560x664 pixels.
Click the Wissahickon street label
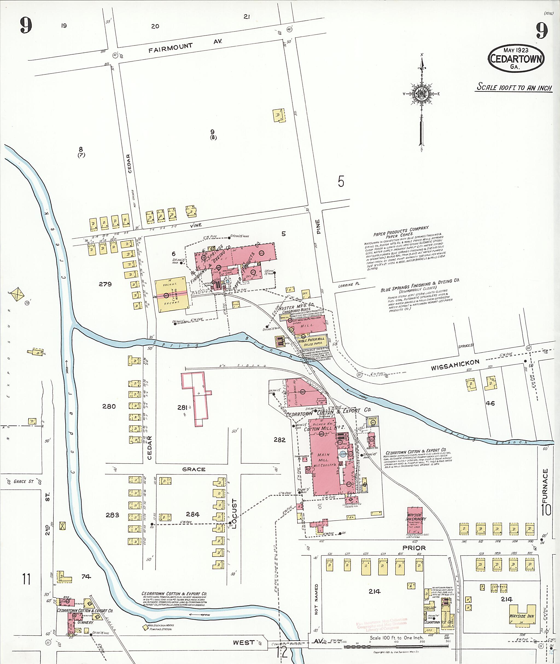pyautogui.click(x=455, y=365)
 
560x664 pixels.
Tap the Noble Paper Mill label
pyautogui.click(x=311, y=339)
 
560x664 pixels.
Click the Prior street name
pyautogui.click(x=414, y=548)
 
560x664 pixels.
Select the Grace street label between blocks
pyautogui.click(x=194, y=469)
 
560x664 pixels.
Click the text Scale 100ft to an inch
pyautogui.click(x=514, y=87)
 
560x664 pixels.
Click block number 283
pyautogui.click(x=112, y=515)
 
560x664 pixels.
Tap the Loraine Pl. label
pyautogui.click(x=349, y=285)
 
